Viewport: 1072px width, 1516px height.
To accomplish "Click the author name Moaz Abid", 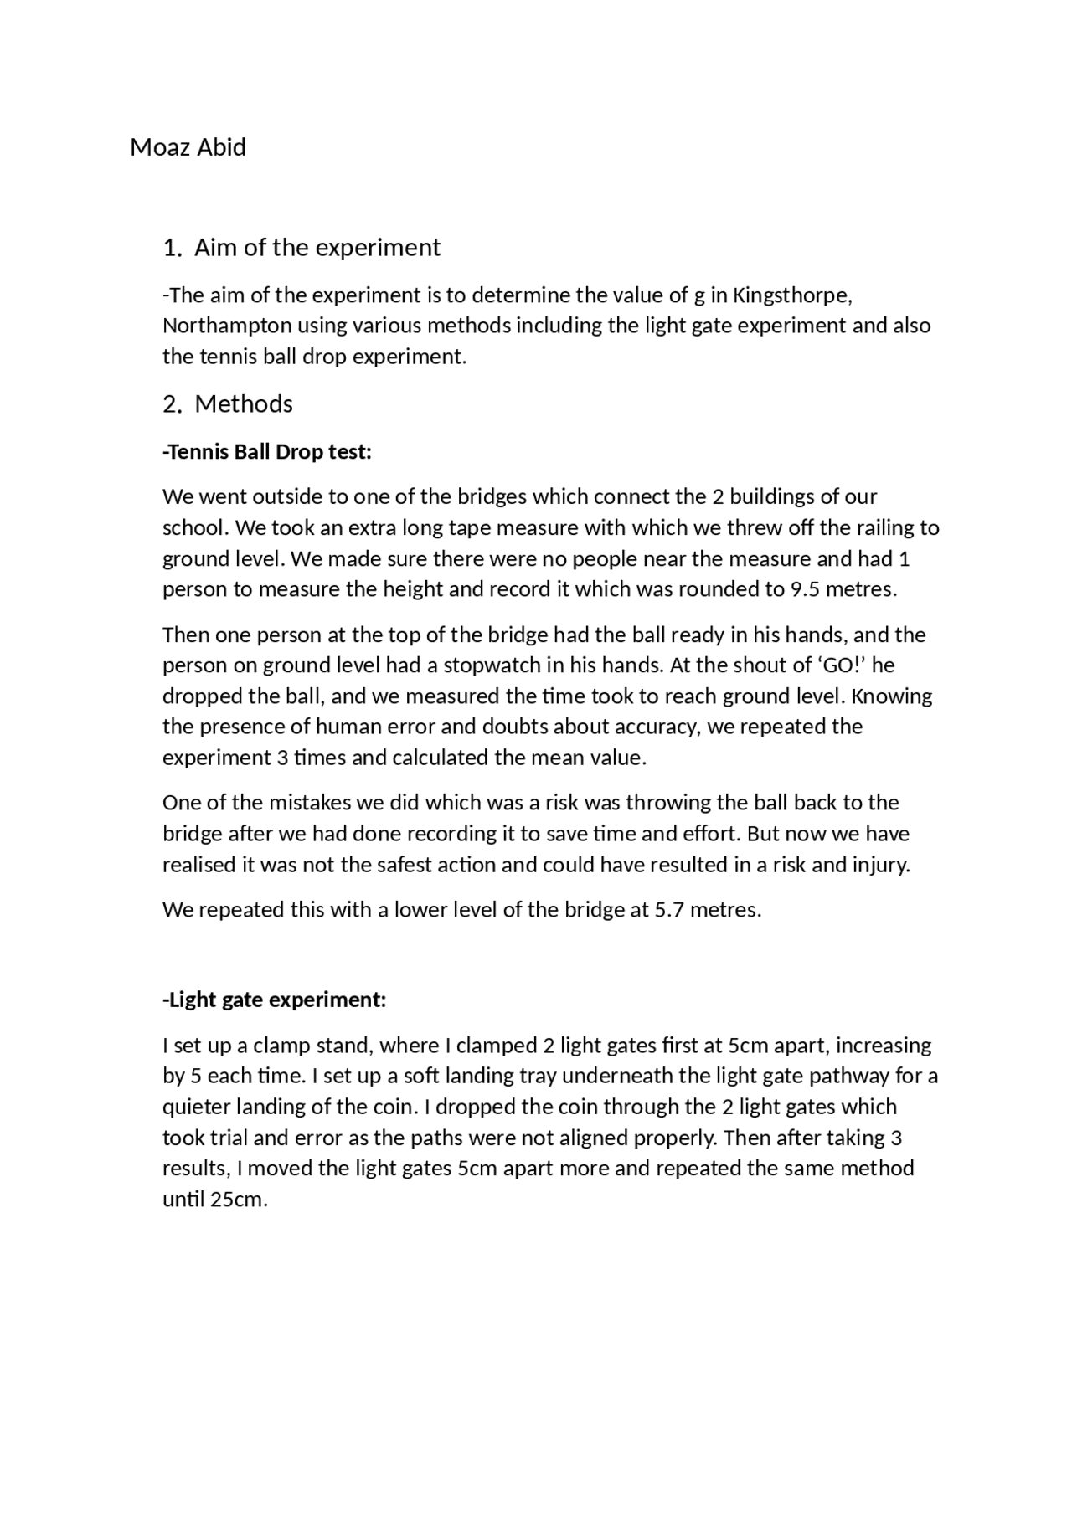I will click(188, 147).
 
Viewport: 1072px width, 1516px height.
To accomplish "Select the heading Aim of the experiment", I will click(317, 248).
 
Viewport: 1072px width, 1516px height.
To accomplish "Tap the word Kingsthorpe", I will click(792, 295).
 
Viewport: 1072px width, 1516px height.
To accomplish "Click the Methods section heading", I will click(244, 404).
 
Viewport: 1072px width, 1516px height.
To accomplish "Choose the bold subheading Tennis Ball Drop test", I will click(267, 452).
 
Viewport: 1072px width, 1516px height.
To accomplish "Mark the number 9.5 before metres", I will click(806, 589).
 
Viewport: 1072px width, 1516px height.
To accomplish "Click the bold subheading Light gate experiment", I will click(274, 1000).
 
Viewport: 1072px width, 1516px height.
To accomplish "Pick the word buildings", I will click(783, 497).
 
